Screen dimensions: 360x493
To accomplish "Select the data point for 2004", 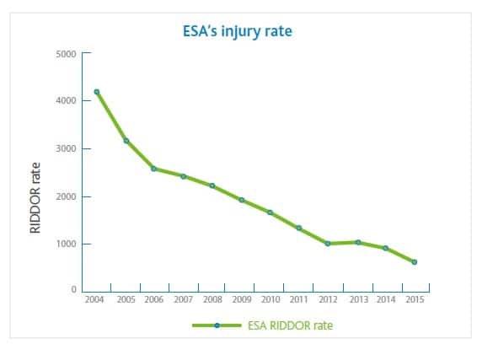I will click(x=97, y=92).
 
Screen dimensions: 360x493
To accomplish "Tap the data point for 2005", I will click(x=126, y=141).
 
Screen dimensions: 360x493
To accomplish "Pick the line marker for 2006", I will click(x=153, y=169).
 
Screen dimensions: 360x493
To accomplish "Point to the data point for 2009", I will click(x=241, y=201).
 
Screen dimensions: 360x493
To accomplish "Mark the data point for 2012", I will click(x=328, y=244).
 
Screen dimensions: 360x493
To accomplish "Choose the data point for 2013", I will click(x=357, y=242).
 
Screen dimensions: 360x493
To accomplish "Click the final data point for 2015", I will click(x=414, y=262).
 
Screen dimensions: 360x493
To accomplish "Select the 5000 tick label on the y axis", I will click(x=67, y=54).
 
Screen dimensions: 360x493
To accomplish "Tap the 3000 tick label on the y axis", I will click(x=67, y=149).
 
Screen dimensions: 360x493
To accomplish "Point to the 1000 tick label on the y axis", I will click(x=67, y=244).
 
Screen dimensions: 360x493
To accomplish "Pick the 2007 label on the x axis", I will click(x=184, y=299).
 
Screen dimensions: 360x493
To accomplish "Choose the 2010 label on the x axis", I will click(x=271, y=299).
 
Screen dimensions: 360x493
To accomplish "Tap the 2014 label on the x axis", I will click(x=386, y=299).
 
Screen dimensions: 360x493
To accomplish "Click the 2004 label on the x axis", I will click(x=95, y=299).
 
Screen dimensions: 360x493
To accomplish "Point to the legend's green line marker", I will click(x=217, y=325).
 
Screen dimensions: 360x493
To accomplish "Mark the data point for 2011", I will click(x=299, y=228).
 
